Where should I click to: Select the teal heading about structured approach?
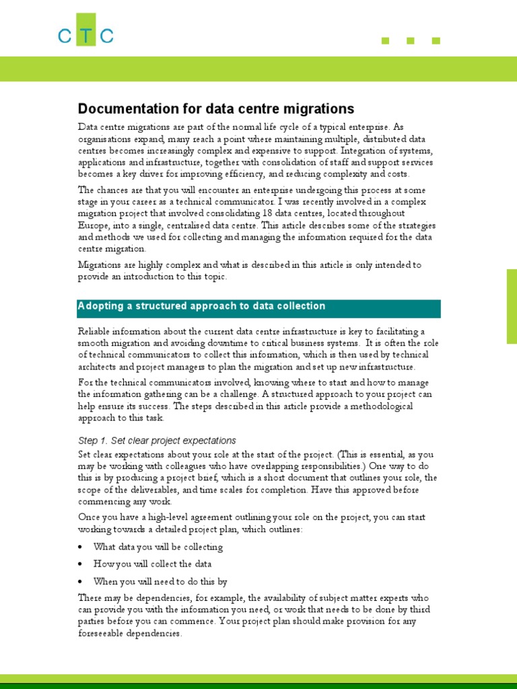[x=259, y=307]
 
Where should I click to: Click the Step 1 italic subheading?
[x=157, y=441]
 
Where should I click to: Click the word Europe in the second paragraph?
[x=92, y=225]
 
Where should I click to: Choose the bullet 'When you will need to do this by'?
[x=160, y=581]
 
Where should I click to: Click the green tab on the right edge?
[x=512, y=306]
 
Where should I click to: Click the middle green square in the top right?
[x=411, y=41]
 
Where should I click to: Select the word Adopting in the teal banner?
[x=100, y=307]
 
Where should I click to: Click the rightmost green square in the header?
[x=436, y=41]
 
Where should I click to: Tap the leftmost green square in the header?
[x=386, y=41]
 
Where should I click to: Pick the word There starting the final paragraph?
[x=90, y=597]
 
